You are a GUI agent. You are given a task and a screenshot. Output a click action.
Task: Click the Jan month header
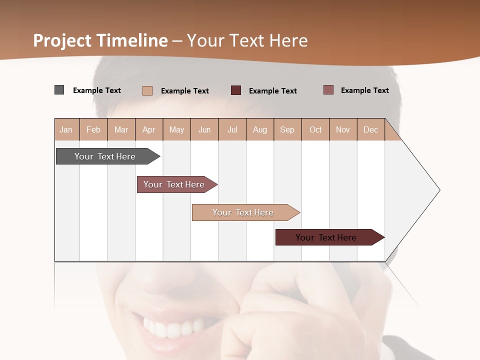66,129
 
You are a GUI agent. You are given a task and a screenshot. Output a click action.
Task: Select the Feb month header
93,129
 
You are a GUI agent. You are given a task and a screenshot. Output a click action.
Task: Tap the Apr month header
149,129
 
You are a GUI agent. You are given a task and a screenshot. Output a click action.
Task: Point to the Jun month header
204,129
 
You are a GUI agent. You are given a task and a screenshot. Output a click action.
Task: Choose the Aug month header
260,129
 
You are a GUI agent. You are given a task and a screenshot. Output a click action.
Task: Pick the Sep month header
287,129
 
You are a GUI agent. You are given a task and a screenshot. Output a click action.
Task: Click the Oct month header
315,129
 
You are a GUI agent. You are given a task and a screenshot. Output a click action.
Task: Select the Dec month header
371,129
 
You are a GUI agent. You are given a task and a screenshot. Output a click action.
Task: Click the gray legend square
59,90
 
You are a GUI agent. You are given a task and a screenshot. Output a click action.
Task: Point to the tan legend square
147,90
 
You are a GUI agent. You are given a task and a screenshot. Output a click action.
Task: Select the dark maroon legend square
236,90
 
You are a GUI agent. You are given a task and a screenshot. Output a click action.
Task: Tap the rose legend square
328,90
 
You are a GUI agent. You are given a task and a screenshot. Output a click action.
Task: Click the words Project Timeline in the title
100,40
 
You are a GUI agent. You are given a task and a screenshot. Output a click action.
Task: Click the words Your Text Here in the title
247,40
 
